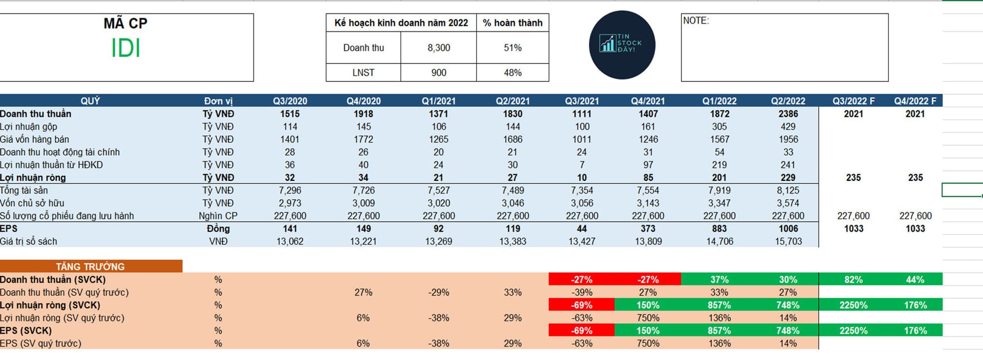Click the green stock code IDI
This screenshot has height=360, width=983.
pos(125,49)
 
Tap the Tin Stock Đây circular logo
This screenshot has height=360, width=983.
pos(622,45)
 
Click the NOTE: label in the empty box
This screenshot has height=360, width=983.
pos(696,20)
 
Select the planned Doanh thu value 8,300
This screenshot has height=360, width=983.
pos(439,48)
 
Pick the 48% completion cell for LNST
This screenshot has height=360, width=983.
pos(512,73)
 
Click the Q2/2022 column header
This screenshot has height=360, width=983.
pos(788,101)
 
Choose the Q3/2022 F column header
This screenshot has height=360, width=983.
pos(853,101)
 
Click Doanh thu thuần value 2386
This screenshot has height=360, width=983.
pos(788,114)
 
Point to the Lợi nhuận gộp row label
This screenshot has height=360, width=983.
pos(29,126)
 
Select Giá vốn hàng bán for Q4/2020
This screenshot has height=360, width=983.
pos(363,139)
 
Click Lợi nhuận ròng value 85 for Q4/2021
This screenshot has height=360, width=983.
pos(648,178)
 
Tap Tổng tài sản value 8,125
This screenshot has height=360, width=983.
pos(788,190)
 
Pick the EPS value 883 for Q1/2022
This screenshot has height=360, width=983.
pos(719,228)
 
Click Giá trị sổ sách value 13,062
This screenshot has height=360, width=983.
pos(290,241)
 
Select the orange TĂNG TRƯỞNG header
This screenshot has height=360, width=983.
pos(91,266)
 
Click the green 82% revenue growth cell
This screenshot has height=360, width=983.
pos(853,280)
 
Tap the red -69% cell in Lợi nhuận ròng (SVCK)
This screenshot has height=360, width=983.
pos(582,305)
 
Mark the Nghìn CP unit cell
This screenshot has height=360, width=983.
pos(218,216)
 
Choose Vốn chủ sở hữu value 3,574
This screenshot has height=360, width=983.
pos(788,203)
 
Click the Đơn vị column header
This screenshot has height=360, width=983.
pos(218,101)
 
